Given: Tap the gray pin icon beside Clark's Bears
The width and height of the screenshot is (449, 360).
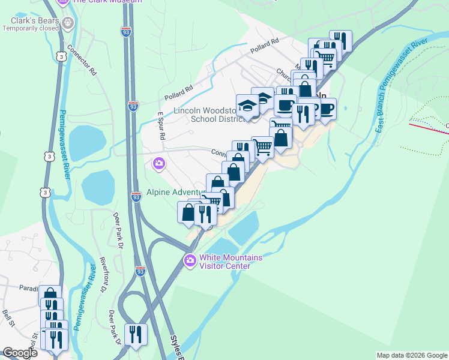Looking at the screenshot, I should (x=67, y=23).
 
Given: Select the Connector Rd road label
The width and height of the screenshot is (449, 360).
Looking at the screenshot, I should (x=82, y=59).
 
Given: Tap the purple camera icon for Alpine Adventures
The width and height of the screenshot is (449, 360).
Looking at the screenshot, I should (x=159, y=163).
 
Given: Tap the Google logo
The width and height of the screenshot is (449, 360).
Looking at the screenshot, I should (x=19, y=353).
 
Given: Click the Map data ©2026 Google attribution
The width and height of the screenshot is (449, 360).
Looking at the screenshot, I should (x=412, y=355).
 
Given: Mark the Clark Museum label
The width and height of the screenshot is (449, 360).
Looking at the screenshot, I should (x=107, y=2).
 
